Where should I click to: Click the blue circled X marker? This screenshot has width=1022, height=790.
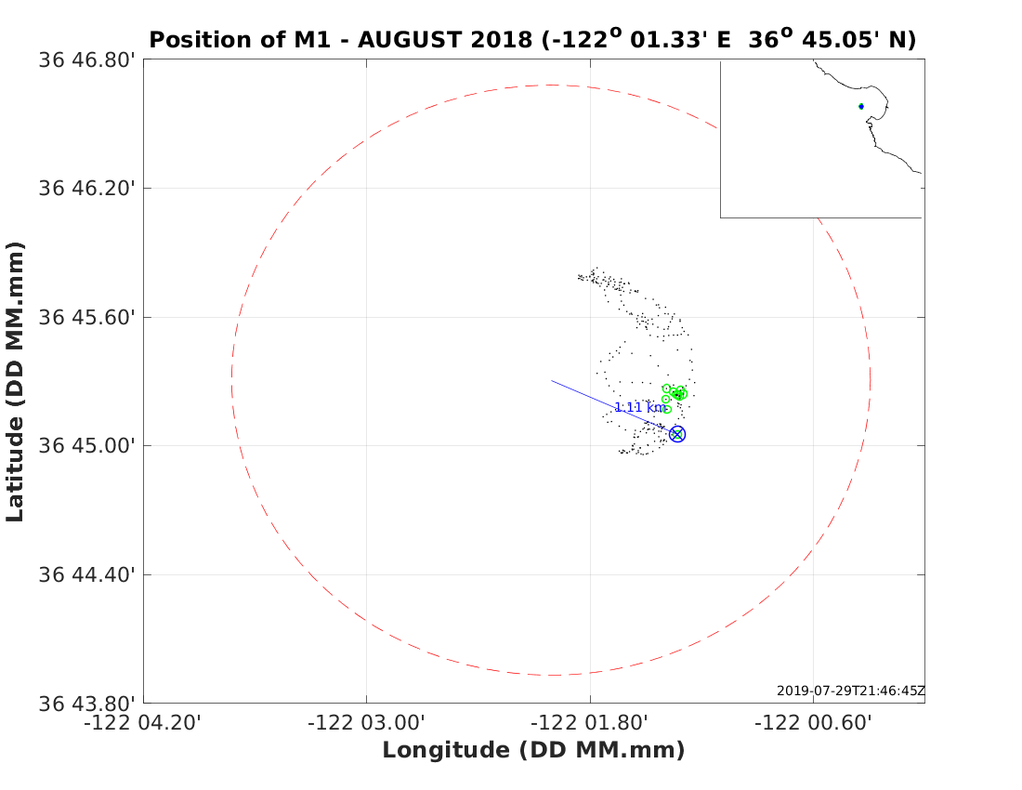tap(677, 434)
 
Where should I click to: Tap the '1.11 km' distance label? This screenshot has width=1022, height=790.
tap(640, 407)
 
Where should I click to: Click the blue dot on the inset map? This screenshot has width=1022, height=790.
tap(861, 106)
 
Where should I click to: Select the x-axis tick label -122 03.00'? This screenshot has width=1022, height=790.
tap(367, 723)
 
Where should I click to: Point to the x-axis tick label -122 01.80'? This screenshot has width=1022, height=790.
tap(590, 723)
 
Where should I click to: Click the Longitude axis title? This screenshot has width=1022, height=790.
tap(533, 750)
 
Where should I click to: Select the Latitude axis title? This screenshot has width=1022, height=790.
tap(15, 381)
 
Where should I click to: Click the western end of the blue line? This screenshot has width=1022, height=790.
tap(552, 380)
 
